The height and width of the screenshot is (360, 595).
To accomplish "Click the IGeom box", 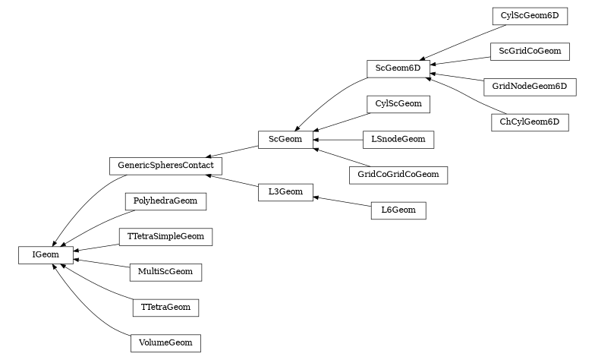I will (46, 255).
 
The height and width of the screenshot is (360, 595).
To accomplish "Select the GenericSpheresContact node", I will (165, 164).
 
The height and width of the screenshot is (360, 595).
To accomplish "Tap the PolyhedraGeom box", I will (165, 201).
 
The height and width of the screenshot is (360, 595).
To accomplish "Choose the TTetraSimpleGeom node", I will (165, 236).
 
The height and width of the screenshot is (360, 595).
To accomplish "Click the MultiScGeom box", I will (165, 271).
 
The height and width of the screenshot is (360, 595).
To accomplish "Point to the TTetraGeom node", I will (165, 307).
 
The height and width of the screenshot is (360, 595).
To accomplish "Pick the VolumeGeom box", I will (165, 343).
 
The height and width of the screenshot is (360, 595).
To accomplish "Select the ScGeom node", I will (285, 139).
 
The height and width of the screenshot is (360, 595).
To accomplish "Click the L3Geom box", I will (285, 192).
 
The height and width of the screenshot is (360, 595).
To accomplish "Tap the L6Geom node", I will (398, 210).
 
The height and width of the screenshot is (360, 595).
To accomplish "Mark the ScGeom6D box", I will (398, 68).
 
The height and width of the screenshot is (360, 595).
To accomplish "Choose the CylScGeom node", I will (398, 104).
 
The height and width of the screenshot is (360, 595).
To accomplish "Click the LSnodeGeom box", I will (398, 139).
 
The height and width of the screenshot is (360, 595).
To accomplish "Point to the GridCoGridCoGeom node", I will (398, 175).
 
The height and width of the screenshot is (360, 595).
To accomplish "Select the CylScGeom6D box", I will (529, 15).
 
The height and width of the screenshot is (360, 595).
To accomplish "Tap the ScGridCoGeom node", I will (529, 51).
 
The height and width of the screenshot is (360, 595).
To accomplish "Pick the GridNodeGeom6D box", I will (529, 86).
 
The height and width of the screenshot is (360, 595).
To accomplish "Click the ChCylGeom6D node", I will (529, 122).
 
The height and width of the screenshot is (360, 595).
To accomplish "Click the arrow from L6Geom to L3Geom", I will (342, 201).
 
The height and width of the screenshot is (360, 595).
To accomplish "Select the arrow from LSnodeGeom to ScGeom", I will (338, 140).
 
